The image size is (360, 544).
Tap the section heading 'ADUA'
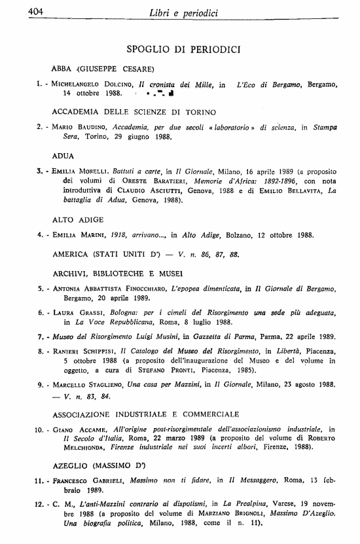(63, 156)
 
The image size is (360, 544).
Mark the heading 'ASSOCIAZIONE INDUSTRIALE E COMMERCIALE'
(145, 414)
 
